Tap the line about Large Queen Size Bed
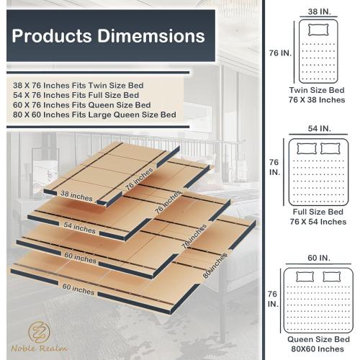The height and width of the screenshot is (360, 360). coord(94,114)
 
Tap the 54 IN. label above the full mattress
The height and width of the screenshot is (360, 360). coord(318,128)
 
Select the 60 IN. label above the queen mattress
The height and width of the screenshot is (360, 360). coord(318,258)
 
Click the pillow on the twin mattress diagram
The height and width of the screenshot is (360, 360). coord(318,30)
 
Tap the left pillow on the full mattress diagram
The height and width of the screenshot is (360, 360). coord(307,148)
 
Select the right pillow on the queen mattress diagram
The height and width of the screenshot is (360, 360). coord(331,276)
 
